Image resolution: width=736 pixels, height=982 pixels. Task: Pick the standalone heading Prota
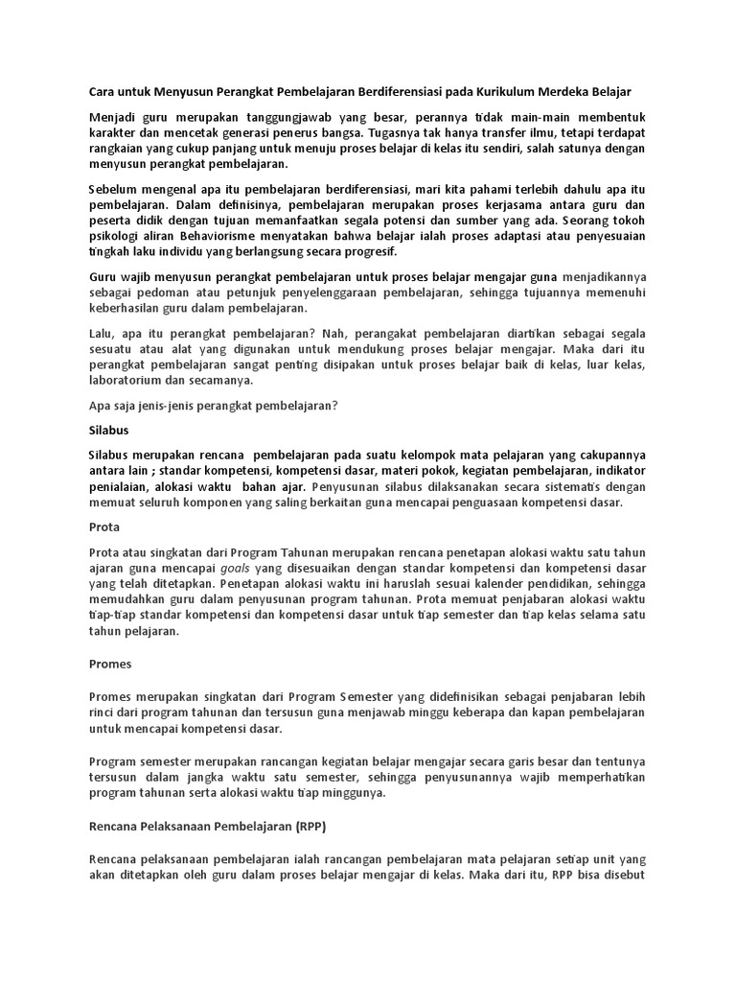(103, 527)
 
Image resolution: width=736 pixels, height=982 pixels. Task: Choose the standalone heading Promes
(109, 663)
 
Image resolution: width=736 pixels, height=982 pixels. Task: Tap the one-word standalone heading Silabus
(108, 431)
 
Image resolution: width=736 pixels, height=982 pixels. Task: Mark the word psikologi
(113, 236)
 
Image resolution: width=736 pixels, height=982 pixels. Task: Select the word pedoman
(169, 292)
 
